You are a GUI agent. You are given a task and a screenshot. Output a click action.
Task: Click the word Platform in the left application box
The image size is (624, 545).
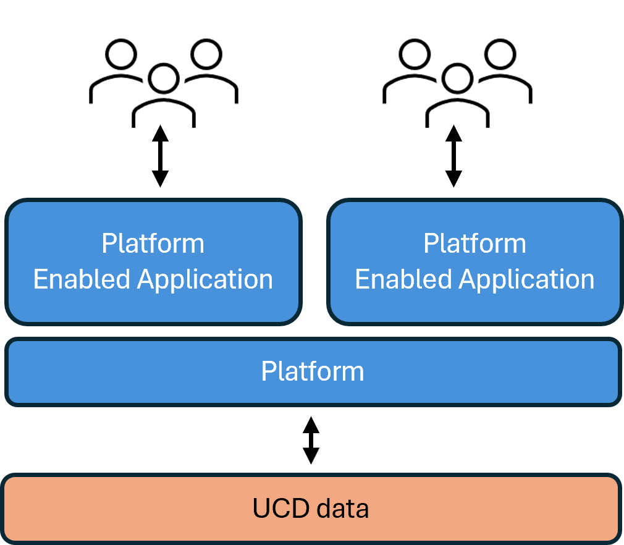(153, 244)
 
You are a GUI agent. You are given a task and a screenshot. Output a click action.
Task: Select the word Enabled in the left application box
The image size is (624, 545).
(82, 279)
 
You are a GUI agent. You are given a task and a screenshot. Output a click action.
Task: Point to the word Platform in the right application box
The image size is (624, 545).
(474, 244)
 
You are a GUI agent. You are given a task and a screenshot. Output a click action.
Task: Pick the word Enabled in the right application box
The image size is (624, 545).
(404, 279)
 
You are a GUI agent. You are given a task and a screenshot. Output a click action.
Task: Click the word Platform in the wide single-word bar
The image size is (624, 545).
(312, 371)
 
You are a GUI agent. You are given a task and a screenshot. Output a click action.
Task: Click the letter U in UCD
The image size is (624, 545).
(261, 509)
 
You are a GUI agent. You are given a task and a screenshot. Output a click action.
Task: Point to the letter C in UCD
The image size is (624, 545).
(280, 509)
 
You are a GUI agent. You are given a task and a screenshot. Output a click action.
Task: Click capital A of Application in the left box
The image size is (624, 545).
(146, 279)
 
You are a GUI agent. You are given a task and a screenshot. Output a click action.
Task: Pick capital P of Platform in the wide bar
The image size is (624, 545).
(267, 371)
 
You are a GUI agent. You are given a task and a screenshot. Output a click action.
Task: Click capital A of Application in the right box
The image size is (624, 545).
(468, 279)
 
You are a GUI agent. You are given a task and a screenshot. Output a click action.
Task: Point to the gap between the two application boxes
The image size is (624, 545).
(314, 261)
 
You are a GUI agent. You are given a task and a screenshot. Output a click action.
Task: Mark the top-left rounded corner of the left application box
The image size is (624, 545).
(12, 206)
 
